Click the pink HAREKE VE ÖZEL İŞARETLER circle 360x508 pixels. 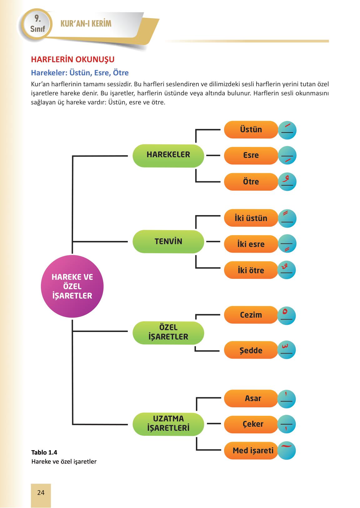coord(72,286)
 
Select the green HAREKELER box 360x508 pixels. coord(168,155)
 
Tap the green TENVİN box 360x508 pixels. coord(168,242)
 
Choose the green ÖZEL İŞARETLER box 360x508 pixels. coord(168,333)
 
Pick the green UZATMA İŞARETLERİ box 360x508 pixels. coord(168,424)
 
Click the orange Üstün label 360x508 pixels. coord(251,130)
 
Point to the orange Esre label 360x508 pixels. coord(251,156)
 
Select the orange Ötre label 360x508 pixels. coord(251,182)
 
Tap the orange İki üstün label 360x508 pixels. coord(251,218)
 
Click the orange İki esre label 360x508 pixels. coord(251,244)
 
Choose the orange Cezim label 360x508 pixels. coord(251,315)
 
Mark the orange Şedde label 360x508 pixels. coord(251,350)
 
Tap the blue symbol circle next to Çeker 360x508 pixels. coord(287,424)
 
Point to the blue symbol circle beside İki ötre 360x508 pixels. coord(287,270)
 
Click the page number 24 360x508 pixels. coord(41,493)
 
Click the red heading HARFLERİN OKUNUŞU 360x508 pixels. coord(72,59)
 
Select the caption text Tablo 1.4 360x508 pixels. coord(44,452)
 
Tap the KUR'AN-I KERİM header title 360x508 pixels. coord(86,24)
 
